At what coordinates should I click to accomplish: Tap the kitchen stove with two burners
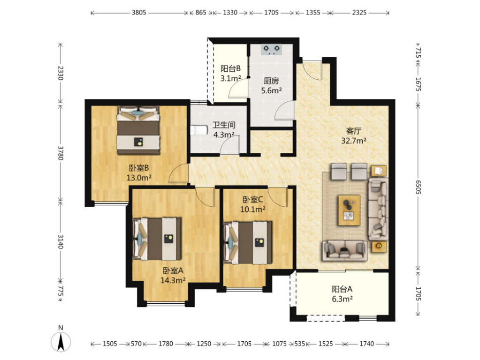click(272, 50)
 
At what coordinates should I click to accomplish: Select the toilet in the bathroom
click(198, 131)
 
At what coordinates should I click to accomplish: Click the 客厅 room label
click(354, 131)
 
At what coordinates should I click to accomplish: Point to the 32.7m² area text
click(354, 141)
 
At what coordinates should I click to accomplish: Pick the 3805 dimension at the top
click(139, 13)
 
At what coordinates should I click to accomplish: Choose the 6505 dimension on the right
click(418, 187)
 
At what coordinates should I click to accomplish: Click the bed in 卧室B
click(139, 130)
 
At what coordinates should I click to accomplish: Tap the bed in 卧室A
click(157, 239)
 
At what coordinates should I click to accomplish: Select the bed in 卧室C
click(248, 243)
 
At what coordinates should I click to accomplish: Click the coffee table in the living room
click(349, 210)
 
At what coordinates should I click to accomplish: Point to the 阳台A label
click(342, 289)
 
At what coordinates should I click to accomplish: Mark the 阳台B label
click(230, 68)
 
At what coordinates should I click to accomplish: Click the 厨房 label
click(271, 81)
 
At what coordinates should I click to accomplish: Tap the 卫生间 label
click(224, 125)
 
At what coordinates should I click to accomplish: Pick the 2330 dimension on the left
click(61, 73)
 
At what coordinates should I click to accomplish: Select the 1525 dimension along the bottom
click(326, 344)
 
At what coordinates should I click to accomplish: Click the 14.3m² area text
click(173, 280)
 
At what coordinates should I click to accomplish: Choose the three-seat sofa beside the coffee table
click(378, 209)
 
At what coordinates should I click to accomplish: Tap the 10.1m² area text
click(252, 209)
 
